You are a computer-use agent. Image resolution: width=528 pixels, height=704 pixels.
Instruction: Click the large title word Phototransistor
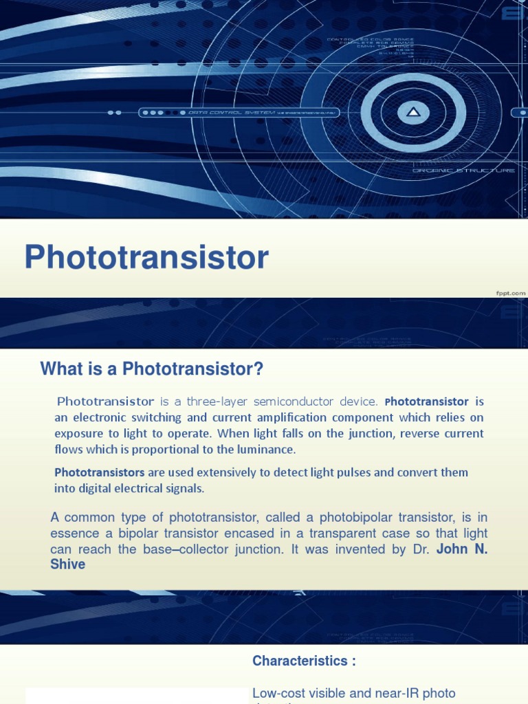coord(146,258)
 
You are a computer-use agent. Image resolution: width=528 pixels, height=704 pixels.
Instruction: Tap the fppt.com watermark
coord(511,293)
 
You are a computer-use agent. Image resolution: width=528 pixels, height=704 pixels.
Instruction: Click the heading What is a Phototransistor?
coord(152,369)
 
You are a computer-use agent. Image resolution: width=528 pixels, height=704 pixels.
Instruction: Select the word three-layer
coord(213,401)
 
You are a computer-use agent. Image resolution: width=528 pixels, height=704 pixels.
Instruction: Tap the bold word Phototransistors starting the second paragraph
coord(99,472)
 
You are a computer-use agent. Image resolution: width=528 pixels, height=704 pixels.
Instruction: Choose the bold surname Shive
coord(68,564)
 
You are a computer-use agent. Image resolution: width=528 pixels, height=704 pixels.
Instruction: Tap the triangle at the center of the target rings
coord(413,111)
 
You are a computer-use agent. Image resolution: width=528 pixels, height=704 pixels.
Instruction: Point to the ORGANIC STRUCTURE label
coord(463,170)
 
